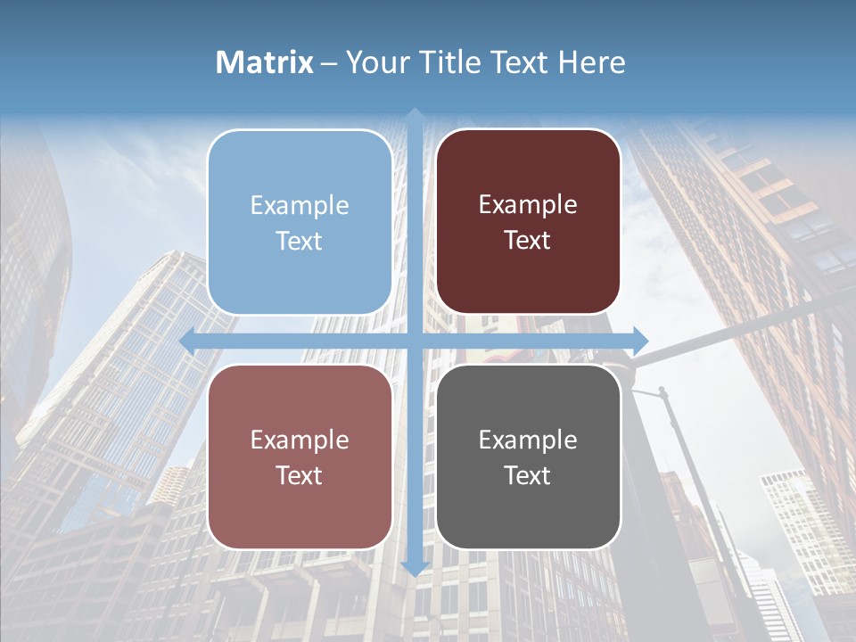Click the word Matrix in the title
tap(265, 62)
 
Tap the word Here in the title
tap(591, 62)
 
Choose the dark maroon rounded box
tap(528, 276)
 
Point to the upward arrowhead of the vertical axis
tap(415, 114)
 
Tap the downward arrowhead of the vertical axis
tap(415, 567)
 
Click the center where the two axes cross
tap(415, 340)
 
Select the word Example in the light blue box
tap(300, 205)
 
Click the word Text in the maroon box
tap(528, 241)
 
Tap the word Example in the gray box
tap(528, 440)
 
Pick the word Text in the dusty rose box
tap(300, 475)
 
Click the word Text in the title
tap(516, 62)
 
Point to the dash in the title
tap(329, 63)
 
